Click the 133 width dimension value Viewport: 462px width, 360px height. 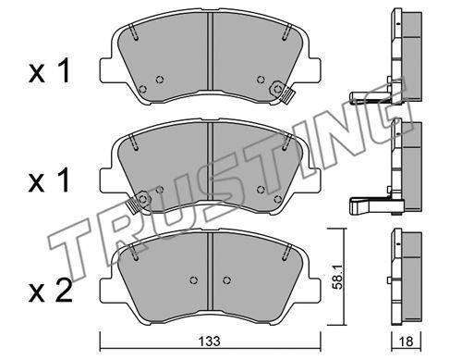click(x=209, y=341)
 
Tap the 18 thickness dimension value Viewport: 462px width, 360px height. click(x=406, y=341)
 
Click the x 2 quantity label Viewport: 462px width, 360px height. click(x=50, y=291)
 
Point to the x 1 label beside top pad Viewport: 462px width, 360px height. click(x=49, y=71)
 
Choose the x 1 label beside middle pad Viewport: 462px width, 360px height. click(x=49, y=181)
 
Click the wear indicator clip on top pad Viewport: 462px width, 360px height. click(x=283, y=93)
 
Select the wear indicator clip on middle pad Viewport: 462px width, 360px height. click(x=139, y=202)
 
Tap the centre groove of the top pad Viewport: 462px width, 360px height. click(x=210, y=52)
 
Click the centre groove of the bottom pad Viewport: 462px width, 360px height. click(x=210, y=271)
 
